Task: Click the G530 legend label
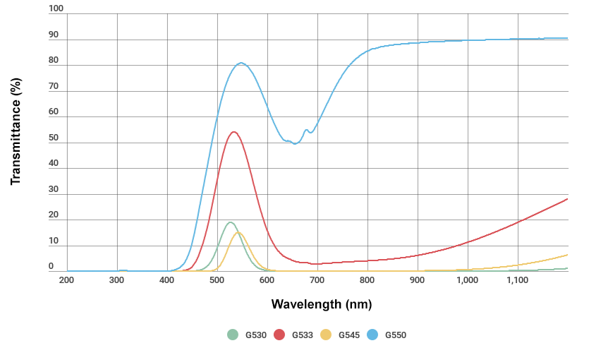(256, 335)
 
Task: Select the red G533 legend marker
(279, 335)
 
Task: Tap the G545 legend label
(349, 335)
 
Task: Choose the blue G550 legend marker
(372, 335)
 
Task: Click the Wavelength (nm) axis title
(321, 305)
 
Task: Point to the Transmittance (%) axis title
(16, 141)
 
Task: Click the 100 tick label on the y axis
(56, 8)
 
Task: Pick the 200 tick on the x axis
(67, 280)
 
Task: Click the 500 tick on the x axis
(217, 280)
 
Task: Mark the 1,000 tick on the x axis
(467, 280)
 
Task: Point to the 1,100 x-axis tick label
(517, 280)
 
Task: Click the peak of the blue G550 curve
(241, 63)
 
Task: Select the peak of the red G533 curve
(233, 131)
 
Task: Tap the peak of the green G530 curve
(230, 222)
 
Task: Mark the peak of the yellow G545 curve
(239, 232)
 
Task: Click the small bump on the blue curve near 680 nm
(307, 130)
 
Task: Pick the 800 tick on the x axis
(368, 280)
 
